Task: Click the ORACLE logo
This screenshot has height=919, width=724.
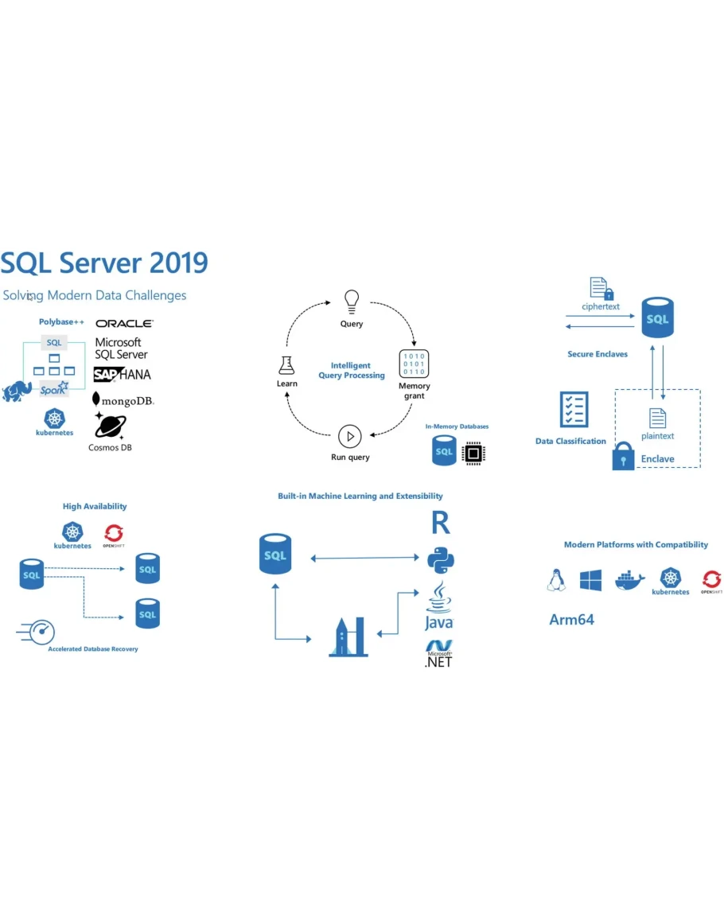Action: (x=124, y=323)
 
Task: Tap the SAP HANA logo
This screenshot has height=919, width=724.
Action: (x=122, y=374)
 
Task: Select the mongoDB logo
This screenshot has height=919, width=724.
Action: (x=123, y=399)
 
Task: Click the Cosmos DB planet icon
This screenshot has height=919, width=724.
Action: (x=110, y=426)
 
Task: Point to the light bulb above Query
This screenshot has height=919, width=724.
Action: (x=351, y=301)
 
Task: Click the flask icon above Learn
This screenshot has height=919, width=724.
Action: (x=286, y=365)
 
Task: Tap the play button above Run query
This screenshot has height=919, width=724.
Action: (x=350, y=436)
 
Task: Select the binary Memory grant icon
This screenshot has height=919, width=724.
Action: (x=414, y=364)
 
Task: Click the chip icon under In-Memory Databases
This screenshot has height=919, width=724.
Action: (x=473, y=453)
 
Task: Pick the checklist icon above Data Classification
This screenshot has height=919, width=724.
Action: (x=574, y=409)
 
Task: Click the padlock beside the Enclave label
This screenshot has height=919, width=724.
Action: (x=623, y=457)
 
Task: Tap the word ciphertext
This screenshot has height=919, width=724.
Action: (x=601, y=306)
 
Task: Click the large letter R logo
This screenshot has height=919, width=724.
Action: (x=440, y=523)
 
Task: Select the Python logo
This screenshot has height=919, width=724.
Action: (x=440, y=559)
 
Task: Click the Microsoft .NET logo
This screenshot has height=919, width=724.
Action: (x=438, y=652)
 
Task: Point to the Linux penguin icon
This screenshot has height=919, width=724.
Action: (x=555, y=580)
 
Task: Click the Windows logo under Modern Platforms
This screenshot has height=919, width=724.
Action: (x=590, y=580)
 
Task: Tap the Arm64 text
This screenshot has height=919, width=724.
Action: (x=571, y=619)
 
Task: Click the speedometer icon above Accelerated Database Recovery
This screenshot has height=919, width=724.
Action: (x=37, y=632)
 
